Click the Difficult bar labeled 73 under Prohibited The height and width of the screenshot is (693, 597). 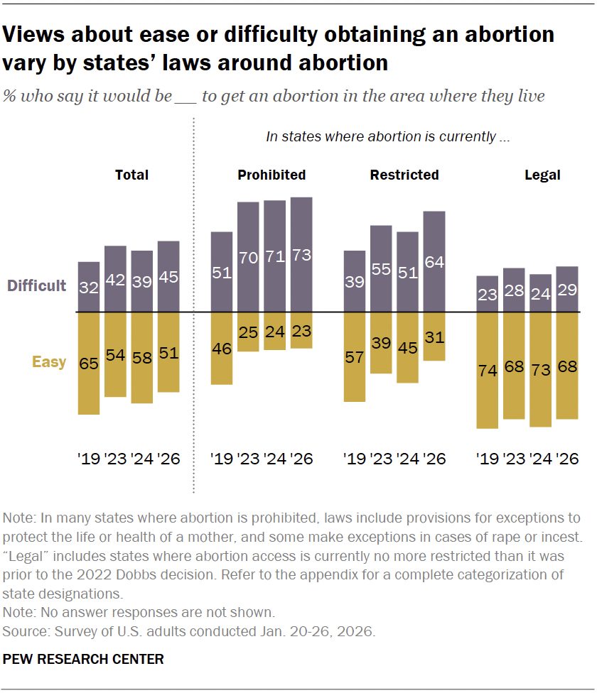(x=301, y=254)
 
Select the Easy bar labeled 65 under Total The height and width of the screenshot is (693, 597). (x=89, y=363)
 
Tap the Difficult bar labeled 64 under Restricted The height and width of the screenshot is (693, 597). (x=434, y=261)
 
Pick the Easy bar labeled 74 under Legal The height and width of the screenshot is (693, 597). (x=487, y=370)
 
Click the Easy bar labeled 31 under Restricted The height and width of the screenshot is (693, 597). (x=434, y=337)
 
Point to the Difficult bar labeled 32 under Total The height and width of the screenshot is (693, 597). (x=89, y=287)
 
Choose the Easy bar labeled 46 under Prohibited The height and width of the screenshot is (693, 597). (x=222, y=348)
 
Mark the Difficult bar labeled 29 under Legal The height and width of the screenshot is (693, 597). (x=566, y=289)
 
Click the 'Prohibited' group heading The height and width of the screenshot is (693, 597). (x=271, y=175)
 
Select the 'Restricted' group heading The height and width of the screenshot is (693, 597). (x=404, y=175)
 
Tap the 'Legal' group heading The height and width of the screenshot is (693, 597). (x=542, y=175)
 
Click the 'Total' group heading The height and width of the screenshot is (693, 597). (x=132, y=175)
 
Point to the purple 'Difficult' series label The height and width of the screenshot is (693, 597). (x=36, y=286)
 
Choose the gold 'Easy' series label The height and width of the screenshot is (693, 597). (x=49, y=362)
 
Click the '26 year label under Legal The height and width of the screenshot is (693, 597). (x=567, y=459)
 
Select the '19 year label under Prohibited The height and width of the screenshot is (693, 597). (x=222, y=459)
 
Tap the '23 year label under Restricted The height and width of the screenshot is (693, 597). (x=382, y=459)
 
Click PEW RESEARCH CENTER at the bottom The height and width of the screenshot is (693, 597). (x=83, y=660)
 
